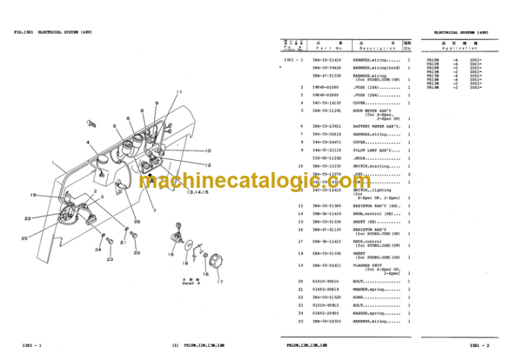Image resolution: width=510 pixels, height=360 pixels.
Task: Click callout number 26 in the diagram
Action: pyautogui.click(x=137, y=221)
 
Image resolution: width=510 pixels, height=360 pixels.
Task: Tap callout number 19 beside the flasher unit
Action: pyautogui.click(x=33, y=194)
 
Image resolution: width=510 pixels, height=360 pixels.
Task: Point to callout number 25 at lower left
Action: pyautogui.click(x=24, y=238)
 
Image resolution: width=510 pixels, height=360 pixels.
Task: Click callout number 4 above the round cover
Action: pyautogui.click(x=88, y=142)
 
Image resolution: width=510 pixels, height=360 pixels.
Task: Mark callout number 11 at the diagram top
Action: pyautogui.click(x=179, y=91)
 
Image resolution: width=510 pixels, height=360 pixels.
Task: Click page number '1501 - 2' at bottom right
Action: pyautogui.click(x=479, y=345)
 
